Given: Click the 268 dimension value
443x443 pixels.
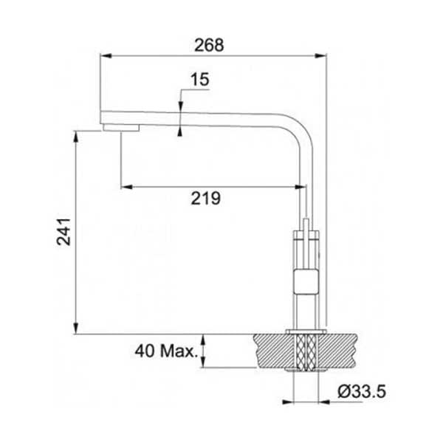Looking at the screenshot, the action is tap(209, 45).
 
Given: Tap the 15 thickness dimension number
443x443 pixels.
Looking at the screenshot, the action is tap(200, 80).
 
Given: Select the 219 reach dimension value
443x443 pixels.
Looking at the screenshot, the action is tap(206, 198).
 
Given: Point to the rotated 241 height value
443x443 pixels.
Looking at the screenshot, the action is tap(63, 231).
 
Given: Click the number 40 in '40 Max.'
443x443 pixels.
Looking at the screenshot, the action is tap(145, 351).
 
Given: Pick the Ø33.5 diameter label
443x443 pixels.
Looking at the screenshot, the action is tap(362, 391).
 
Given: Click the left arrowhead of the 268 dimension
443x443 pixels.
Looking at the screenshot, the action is tap(106, 56).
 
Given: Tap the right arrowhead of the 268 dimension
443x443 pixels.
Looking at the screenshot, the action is tap(320, 56).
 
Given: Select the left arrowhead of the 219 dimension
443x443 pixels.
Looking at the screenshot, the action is tap(126, 187).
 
